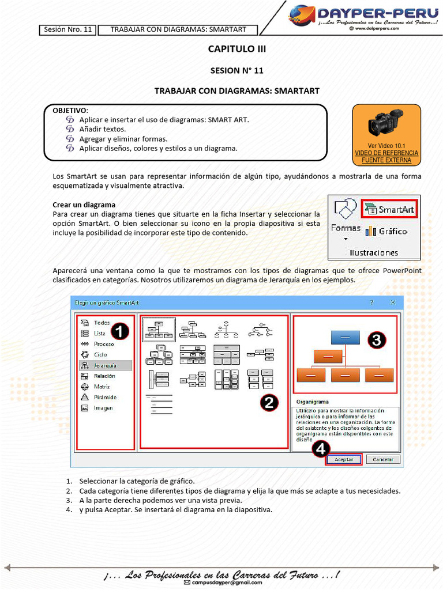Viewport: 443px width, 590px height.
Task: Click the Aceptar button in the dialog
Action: [x=344, y=459]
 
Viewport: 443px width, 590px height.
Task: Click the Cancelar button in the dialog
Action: [x=383, y=459]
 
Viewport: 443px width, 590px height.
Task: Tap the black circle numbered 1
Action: [x=119, y=331]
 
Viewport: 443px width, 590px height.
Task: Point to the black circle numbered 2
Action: [x=269, y=403]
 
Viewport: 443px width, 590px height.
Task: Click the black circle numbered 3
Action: [x=376, y=341]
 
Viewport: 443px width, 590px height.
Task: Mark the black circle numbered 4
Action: [x=321, y=448]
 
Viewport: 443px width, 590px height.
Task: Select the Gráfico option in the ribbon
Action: [x=386, y=231]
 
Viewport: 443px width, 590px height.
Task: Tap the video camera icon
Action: [x=386, y=122]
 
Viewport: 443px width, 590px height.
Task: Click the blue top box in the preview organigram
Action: [x=344, y=336]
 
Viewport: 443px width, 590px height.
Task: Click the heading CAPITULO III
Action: [x=236, y=49]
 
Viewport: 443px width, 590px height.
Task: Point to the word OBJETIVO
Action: [x=70, y=109]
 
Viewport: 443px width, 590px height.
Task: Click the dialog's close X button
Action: [x=392, y=302]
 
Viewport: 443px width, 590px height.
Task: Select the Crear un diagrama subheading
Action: [x=84, y=205]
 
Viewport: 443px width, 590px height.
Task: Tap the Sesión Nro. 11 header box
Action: [x=67, y=29]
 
